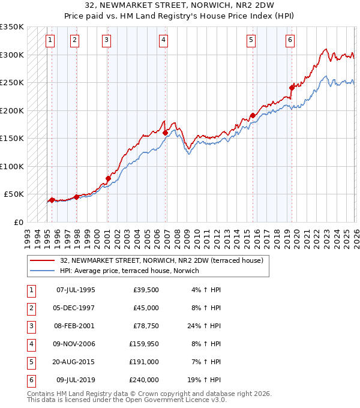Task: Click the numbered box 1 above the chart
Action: (x=49, y=40)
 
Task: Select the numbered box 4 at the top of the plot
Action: (x=163, y=40)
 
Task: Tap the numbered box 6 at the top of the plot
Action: (x=290, y=40)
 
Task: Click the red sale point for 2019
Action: (x=292, y=88)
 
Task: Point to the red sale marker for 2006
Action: (x=166, y=132)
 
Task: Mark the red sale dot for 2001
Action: (x=108, y=178)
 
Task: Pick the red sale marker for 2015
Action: (x=253, y=115)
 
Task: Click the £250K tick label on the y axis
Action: (x=12, y=83)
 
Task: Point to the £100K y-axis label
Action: (x=12, y=166)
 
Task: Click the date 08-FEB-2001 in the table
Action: (x=75, y=326)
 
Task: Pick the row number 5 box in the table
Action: (x=30, y=362)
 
